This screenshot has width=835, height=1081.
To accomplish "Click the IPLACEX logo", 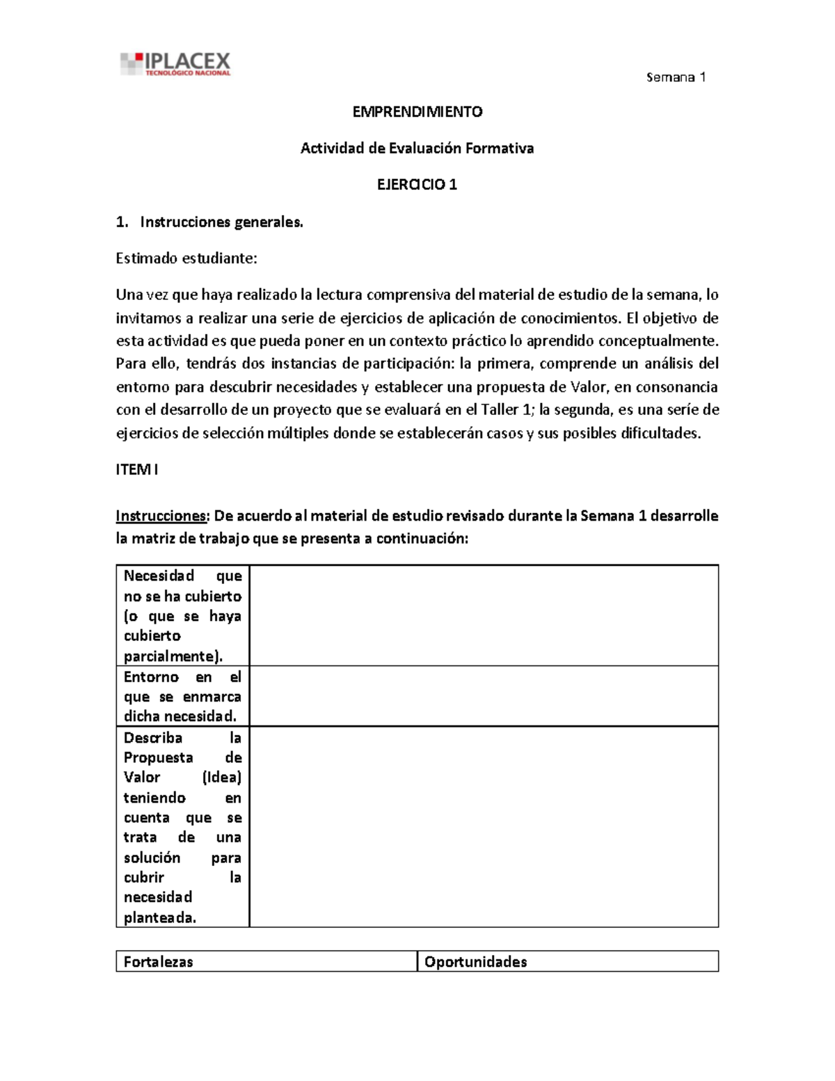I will click(x=175, y=64).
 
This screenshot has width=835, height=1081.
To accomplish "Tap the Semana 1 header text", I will click(x=676, y=77).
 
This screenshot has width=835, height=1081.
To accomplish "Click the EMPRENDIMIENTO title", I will click(x=417, y=111).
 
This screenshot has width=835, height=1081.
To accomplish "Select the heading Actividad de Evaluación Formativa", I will click(x=417, y=148).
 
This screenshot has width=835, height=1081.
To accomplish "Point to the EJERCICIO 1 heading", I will click(x=417, y=184).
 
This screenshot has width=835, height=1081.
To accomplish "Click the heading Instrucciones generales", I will click(x=221, y=222).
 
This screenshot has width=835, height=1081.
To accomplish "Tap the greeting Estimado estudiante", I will click(x=186, y=258).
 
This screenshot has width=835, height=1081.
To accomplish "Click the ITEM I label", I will click(x=137, y=469).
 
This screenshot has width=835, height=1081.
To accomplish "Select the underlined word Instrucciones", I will click(x=161, y=516).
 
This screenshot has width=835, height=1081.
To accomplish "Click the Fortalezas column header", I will click(x=159, y=961).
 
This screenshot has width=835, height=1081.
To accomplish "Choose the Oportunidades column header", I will click(x=476, y=961).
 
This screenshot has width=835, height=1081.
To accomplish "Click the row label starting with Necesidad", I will click(x=182, y=615).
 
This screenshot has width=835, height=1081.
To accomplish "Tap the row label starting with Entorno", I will click(x=182, y=696).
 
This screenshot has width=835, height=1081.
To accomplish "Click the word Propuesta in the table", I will click(x=159, y=757).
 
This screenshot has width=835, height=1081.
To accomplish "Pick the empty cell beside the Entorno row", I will click(x=484, y=696).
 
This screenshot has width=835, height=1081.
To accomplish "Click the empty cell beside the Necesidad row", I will click(x=484, y=615).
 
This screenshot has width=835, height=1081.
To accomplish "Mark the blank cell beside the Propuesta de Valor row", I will click(x=484, y=826).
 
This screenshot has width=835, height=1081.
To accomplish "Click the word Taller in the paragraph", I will click(x=500, y=409).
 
